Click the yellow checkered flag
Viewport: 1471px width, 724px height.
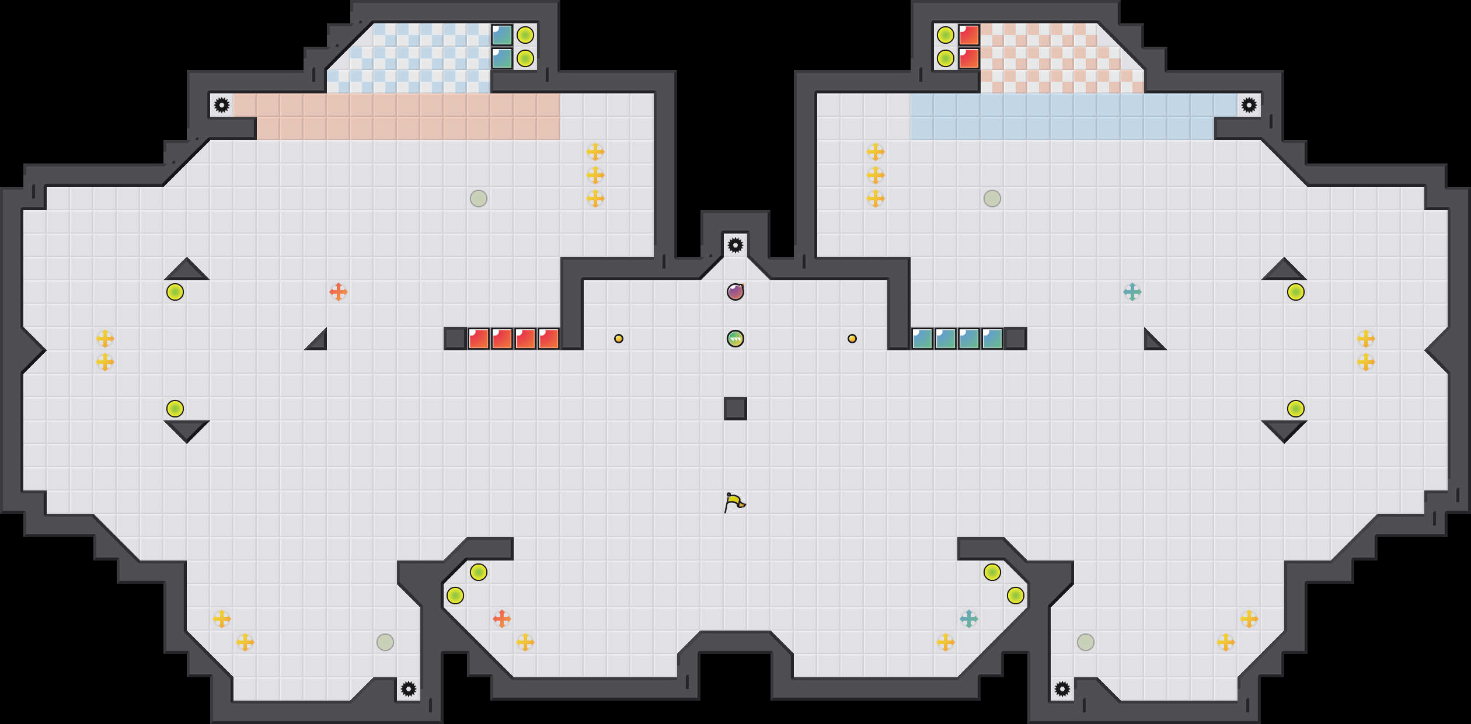(734, 502)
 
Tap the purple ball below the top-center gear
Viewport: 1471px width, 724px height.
(735, 291)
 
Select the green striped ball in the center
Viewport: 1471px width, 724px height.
(735, 339)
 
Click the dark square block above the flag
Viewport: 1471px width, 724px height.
(735, 409)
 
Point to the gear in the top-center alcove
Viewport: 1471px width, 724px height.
(735, 245)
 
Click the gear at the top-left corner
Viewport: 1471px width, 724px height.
(222, 105)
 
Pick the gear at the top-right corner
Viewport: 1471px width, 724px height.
(1249, 105)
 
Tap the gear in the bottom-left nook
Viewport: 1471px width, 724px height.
(409, 689)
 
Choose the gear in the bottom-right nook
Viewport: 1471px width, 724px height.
(1062, 689)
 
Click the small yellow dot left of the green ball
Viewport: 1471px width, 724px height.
(619, 339)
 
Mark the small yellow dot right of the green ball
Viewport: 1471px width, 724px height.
(852, 339)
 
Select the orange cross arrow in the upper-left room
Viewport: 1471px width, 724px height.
(339, 292)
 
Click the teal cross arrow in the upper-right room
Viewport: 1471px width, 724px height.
(1132, 292)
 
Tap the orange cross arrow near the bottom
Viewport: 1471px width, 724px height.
(502, 619)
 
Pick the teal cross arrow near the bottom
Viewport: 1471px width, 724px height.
(969, 619)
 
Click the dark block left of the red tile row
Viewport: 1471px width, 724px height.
(455, 339)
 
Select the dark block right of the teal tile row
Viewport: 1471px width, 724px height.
(1016, 339)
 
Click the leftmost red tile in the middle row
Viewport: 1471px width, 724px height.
(479, 339)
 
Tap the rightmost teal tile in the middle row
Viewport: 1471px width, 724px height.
(992, 339)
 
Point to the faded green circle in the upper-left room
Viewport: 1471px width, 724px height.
(479, 199)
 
